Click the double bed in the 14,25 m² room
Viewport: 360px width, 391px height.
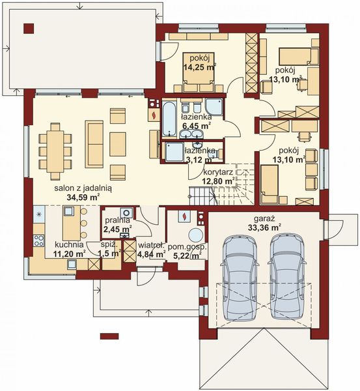click(x=199, y=71)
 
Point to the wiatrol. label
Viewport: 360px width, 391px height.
click(x=149, y=246)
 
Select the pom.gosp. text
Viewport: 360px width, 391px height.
click(x=184, y=246)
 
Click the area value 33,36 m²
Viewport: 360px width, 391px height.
click(x=265, y=227)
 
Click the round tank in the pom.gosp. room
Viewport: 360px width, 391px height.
click(x=194, y=235)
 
